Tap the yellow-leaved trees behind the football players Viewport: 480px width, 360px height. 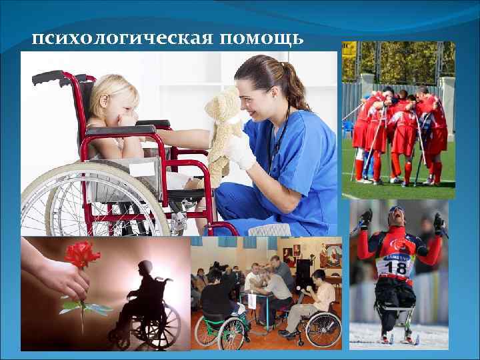(400, 60)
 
